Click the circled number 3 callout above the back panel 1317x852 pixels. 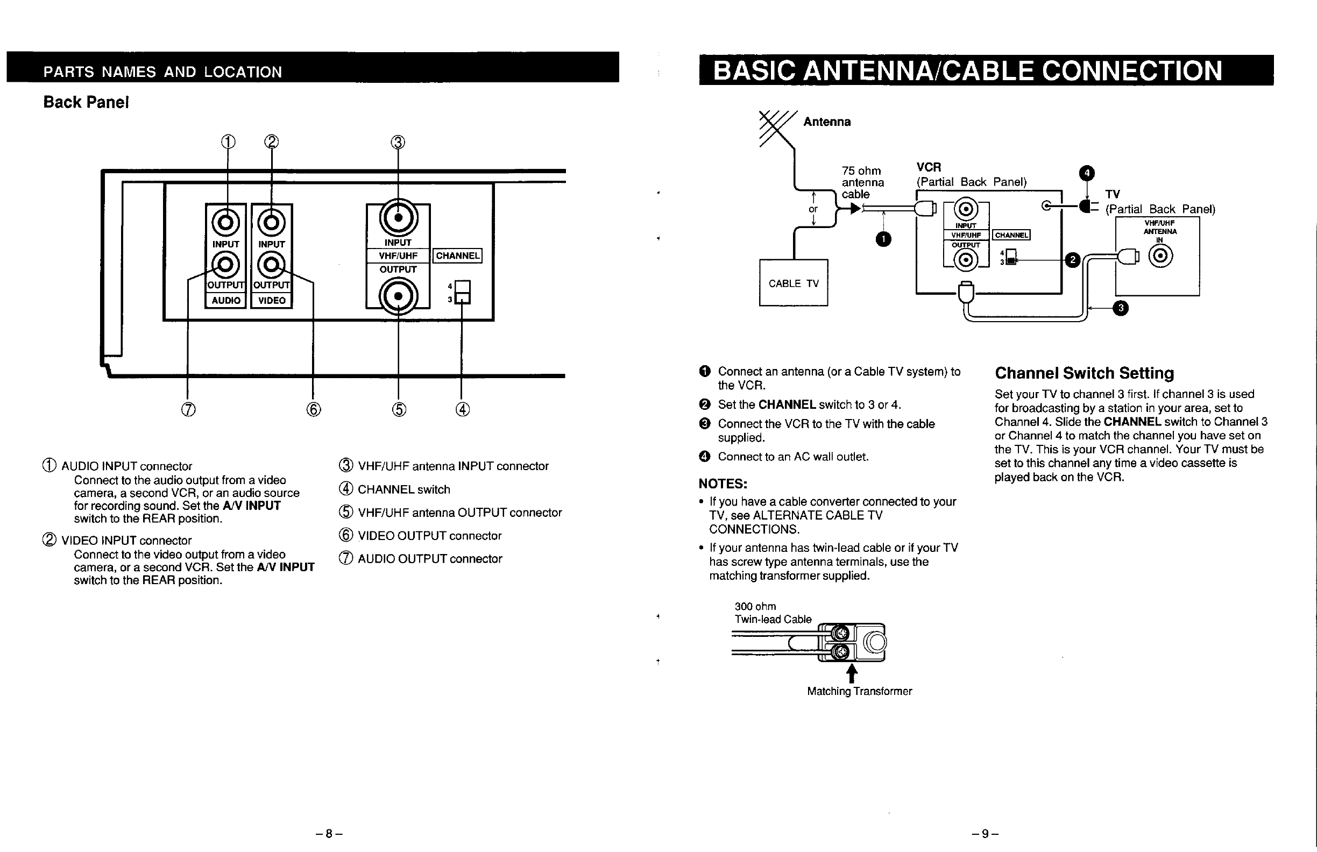point(398,143)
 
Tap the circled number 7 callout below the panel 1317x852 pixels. point(188,409)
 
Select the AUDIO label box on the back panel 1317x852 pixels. point(226,301)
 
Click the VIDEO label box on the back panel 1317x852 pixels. point(272,301)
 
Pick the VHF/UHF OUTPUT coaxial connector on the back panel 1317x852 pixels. point(398,296)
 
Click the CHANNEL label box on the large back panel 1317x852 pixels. point(458,255)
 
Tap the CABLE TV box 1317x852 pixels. point(793,283)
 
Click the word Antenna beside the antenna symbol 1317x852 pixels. point(827,122)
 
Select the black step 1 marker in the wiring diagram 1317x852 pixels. point(884,239)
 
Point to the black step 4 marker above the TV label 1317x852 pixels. point(1087,173)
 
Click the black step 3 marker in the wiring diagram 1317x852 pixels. point(1121,308)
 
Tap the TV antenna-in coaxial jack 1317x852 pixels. point(1160,256)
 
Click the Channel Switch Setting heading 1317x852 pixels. point(1084,373)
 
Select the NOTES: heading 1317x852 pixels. point(723,484)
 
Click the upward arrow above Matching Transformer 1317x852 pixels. point(852,673)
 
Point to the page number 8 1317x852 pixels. point(329,834)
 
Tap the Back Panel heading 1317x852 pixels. point(86,102)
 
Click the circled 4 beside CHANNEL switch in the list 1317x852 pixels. point(346,489)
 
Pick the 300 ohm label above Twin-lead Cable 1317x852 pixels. point(755,606)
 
